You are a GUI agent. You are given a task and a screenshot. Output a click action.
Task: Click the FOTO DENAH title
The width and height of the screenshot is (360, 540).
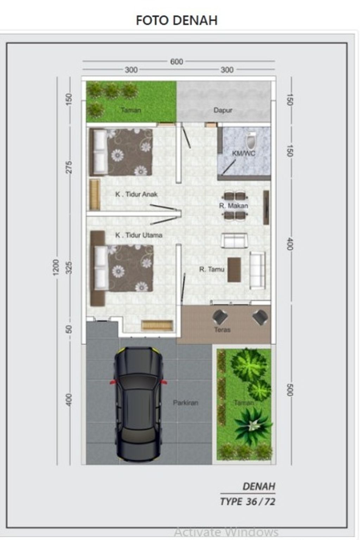(176, 20)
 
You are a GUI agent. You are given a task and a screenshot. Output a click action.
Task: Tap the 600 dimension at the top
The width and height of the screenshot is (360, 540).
(176, 62)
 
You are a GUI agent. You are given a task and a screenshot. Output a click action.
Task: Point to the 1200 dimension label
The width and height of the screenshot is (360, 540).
(56, 267)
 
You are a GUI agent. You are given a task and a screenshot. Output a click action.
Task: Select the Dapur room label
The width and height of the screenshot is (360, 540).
(223, 110)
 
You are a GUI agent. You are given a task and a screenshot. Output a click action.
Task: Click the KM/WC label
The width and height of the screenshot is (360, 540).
(244, 153)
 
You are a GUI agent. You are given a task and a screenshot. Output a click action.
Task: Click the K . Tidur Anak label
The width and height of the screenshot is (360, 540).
(136, 194)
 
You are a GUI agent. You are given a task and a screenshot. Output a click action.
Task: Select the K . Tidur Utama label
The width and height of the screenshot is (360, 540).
(139, 235)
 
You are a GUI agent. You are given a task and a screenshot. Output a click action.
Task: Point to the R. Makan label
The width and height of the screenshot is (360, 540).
(233, 206)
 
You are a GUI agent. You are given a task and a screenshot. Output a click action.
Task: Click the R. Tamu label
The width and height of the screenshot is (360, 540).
(212, 269)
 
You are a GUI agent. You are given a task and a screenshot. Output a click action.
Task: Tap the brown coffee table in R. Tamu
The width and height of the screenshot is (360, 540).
(234, 270)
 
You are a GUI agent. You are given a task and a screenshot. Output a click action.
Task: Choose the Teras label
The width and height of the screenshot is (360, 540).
(222, 330)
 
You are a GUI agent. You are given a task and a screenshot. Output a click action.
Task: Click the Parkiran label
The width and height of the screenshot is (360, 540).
(186, 403)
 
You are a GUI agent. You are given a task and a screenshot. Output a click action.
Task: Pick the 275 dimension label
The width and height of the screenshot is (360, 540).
(69, 167)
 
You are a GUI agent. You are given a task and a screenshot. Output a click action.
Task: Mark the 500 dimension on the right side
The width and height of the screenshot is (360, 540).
(290, 390)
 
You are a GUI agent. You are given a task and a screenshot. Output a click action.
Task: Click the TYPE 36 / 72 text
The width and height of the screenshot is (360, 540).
(248, 502)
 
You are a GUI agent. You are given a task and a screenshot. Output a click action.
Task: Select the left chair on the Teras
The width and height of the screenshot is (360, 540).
(220, 317)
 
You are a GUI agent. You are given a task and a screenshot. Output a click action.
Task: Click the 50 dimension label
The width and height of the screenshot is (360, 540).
(69, 329)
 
